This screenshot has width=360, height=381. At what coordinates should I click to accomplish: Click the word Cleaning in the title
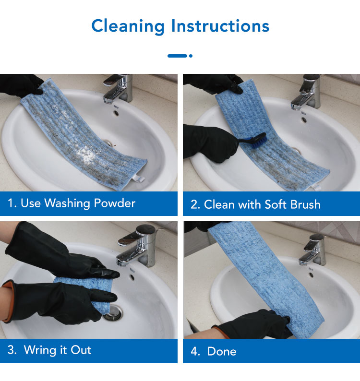click(128, 26)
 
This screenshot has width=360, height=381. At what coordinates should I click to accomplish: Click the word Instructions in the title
click(220, 25)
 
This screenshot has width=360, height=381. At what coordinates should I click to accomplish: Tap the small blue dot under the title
click(191, 56)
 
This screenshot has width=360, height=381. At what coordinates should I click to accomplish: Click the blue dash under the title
click(177, 56)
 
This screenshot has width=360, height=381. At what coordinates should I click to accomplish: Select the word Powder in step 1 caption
click(115, 203)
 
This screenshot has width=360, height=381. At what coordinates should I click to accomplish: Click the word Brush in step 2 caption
click(305, 204)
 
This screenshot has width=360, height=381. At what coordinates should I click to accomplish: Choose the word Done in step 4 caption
click(222, 352)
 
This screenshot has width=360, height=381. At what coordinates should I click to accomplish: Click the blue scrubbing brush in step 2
click(253, 141)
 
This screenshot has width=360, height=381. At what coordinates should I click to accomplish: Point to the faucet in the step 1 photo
click(119, 89)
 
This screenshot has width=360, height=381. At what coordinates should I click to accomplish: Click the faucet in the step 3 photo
click(137, 245)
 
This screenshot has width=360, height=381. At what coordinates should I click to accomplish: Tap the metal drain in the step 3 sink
click(113, 313)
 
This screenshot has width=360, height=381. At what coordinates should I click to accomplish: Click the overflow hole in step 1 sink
click(116, 113)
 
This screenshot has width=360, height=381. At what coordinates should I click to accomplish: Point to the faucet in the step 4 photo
click(313, 250)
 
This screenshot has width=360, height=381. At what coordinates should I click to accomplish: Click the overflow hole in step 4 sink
click(311, 275)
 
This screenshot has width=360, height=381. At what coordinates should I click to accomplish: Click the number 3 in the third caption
click(11, 350)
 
